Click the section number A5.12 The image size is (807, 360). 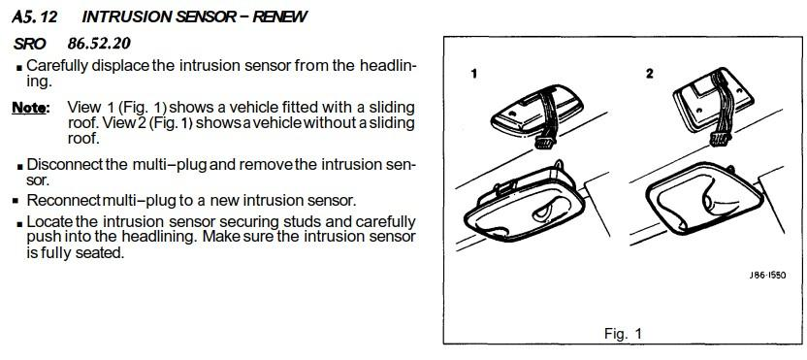35,16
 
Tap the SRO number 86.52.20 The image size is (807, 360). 99,44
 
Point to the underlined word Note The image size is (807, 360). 30,108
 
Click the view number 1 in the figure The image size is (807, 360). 474,74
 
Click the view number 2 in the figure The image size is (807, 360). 650,74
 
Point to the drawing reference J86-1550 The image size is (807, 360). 767,276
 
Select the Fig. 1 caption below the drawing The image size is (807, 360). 624,333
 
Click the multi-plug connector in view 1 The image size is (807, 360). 545,142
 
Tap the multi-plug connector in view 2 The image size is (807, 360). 720,138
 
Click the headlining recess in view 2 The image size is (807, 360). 703,199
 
